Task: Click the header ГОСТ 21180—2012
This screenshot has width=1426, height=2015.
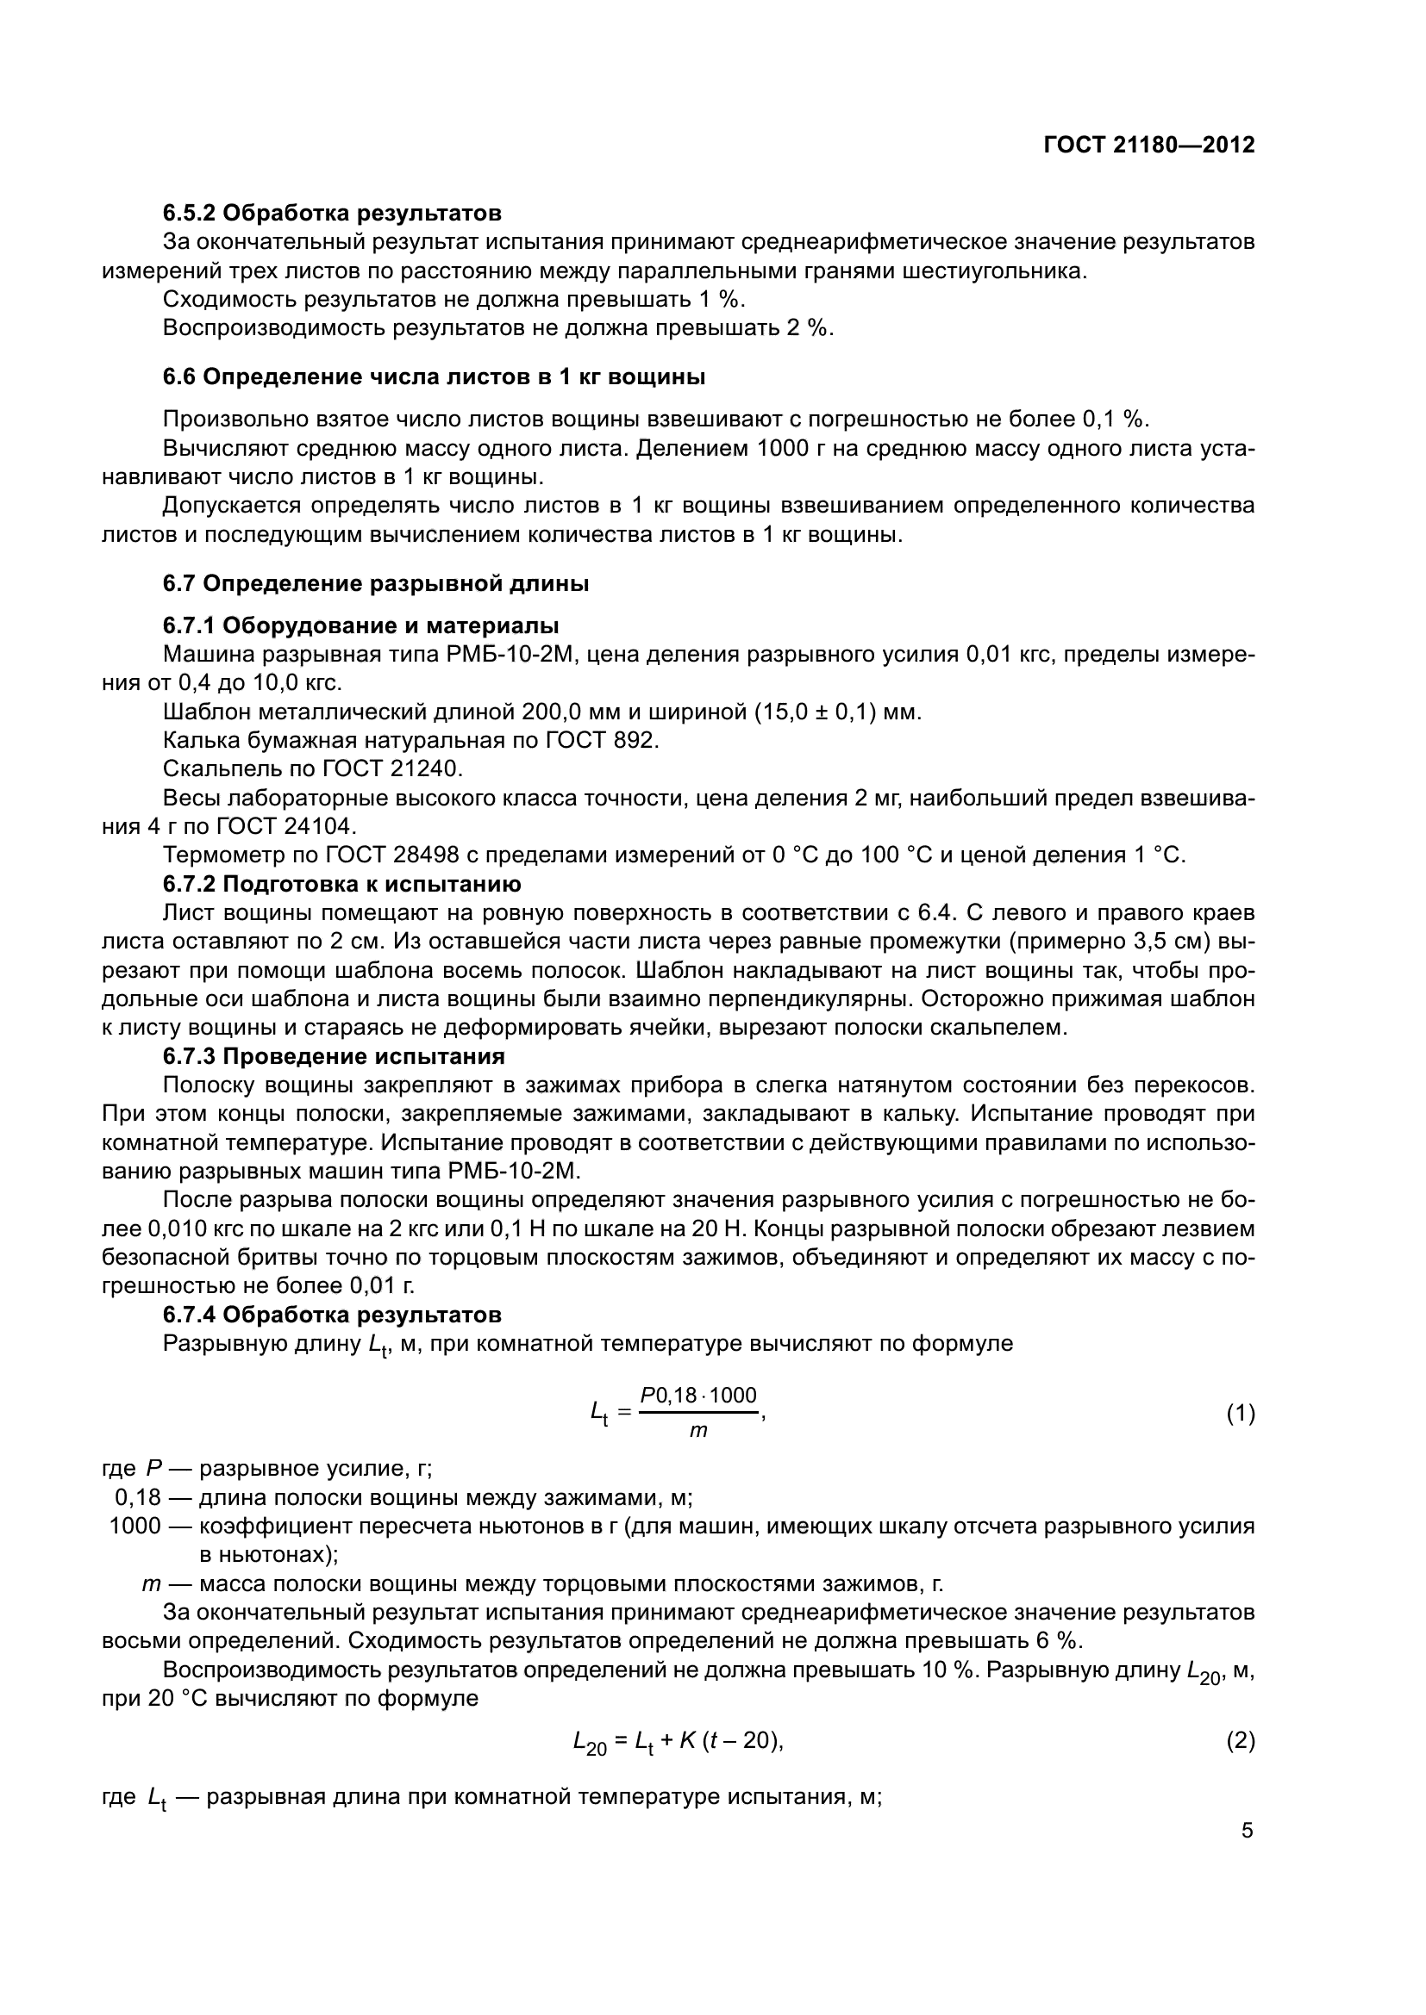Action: [x=1148, y=146]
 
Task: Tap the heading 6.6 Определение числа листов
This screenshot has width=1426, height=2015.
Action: [x=434, y=377]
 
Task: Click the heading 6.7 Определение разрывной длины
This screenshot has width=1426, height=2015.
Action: [x=376, y=583]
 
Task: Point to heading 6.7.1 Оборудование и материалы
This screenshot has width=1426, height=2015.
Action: [x=361, y=625]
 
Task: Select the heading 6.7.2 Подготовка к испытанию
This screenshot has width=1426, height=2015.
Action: [x=341, y=884]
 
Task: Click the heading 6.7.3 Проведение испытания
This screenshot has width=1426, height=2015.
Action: [x=334, y=1056]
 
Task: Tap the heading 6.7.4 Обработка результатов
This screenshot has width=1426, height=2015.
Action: [x=332, y=1315]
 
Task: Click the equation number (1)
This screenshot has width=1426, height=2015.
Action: [x=1240, y=1414]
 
